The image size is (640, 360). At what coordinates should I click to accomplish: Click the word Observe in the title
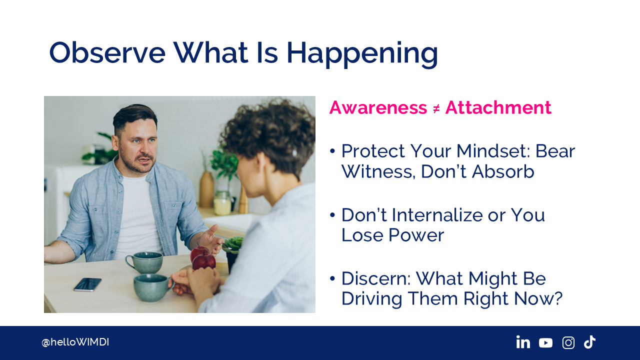pos(107,52)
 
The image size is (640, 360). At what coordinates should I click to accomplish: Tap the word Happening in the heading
pos(362,54)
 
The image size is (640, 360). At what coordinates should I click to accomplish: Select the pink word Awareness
pos(378,107)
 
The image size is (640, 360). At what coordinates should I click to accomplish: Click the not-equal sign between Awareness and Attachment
pos(436,109)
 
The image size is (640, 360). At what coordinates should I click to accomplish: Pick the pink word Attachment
pos(498,107)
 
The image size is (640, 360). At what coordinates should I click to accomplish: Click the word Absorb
pos(503,171)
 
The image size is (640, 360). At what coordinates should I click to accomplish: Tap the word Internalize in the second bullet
pos(437,215)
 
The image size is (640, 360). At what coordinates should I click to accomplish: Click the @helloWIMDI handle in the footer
pos(75,342)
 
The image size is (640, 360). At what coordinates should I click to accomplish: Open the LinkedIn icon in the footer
pos(523,342)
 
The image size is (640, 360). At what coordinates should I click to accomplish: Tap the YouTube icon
pos(545,342)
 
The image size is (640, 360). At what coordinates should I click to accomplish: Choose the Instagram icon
pos(568,342)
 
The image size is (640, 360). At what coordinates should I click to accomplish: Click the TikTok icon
pos(589,342)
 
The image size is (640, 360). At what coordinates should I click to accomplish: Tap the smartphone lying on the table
pos(87,284)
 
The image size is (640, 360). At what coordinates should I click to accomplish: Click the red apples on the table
pos(203,257)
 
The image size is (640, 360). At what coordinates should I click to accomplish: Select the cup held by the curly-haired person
pos(153,287)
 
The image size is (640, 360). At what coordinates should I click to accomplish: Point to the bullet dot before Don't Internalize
pos(332,215)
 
